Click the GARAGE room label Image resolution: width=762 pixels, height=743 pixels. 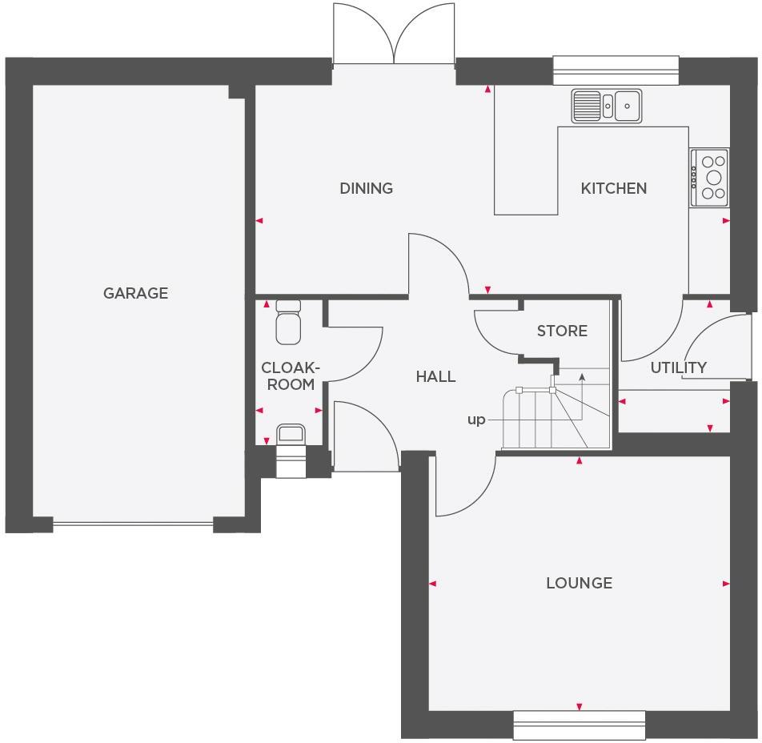click(135, 293)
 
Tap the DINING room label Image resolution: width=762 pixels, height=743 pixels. click(366, 188)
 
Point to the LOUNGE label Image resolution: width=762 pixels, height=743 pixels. click(579, 583)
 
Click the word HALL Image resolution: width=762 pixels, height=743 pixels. click(435, 376)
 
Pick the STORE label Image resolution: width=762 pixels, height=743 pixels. click(562, 331)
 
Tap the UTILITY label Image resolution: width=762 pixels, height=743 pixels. click(678, 367)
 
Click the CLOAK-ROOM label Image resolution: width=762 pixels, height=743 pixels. click(291, 376)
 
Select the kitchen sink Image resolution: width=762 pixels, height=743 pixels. click(607, 106)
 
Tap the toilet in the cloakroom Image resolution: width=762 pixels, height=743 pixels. click(288, 323)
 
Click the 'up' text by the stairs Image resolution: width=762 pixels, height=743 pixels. click(476, 420)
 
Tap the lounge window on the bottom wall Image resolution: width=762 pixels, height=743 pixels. click(579, 725)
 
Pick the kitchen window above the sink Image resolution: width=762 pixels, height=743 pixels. click(616, 70)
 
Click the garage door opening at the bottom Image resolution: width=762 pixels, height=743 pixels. click(133, 524)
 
